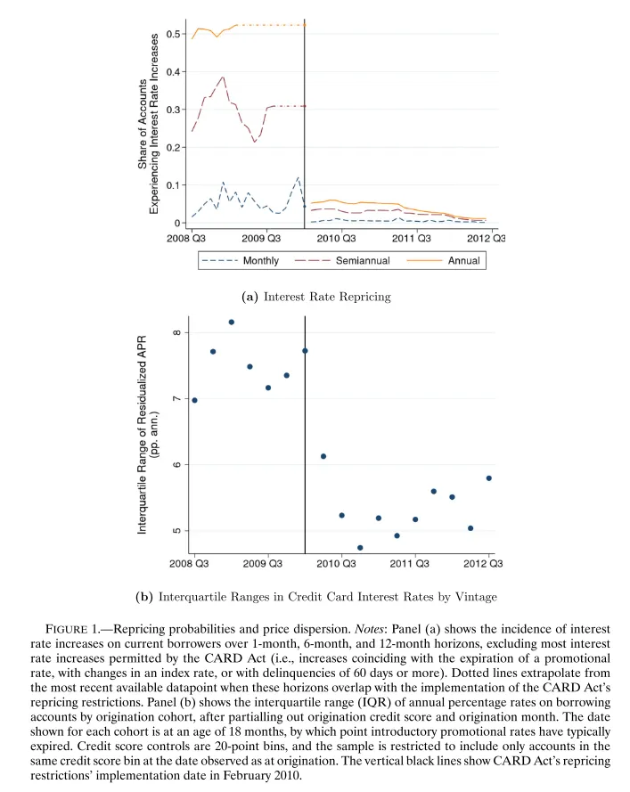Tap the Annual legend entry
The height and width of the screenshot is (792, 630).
click(463, 261)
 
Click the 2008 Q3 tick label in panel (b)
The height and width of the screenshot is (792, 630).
click(190, 563)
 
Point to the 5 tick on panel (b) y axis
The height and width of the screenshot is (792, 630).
click(177, 531)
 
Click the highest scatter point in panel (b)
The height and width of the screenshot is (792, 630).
click(232, 322)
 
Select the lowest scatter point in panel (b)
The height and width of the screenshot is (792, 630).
click(360, 548)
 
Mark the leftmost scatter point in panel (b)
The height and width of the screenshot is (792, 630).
click(194, 400)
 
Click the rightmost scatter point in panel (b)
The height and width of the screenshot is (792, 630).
click(489, 478)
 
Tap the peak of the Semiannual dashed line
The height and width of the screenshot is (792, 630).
click(224, 77)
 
